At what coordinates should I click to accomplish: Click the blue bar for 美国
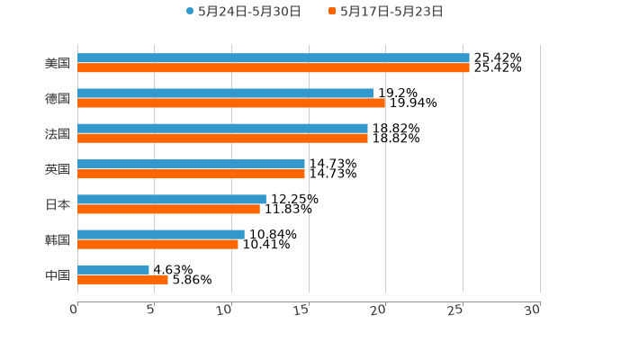point(273,58)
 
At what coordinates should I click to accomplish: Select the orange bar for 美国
point(273,67)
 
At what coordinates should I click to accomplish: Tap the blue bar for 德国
point(225,93)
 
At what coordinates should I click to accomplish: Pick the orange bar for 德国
point(231,103)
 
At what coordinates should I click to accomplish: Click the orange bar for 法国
point(222,138)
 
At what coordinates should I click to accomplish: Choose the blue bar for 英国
point(191,164)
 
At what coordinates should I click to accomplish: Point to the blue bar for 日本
point(172,199)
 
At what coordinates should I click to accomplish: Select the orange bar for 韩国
point(157,244)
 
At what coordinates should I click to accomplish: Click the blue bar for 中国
point(113,269)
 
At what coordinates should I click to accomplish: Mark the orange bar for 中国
point(122,279)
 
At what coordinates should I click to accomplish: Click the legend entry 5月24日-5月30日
point(243,12)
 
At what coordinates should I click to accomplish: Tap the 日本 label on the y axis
point(58,204)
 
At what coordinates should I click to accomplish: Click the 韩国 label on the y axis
point(58,239)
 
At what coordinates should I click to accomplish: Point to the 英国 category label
point(58,169)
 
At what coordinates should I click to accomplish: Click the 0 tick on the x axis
point(75,310)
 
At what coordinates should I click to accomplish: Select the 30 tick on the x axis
point(533,310)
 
